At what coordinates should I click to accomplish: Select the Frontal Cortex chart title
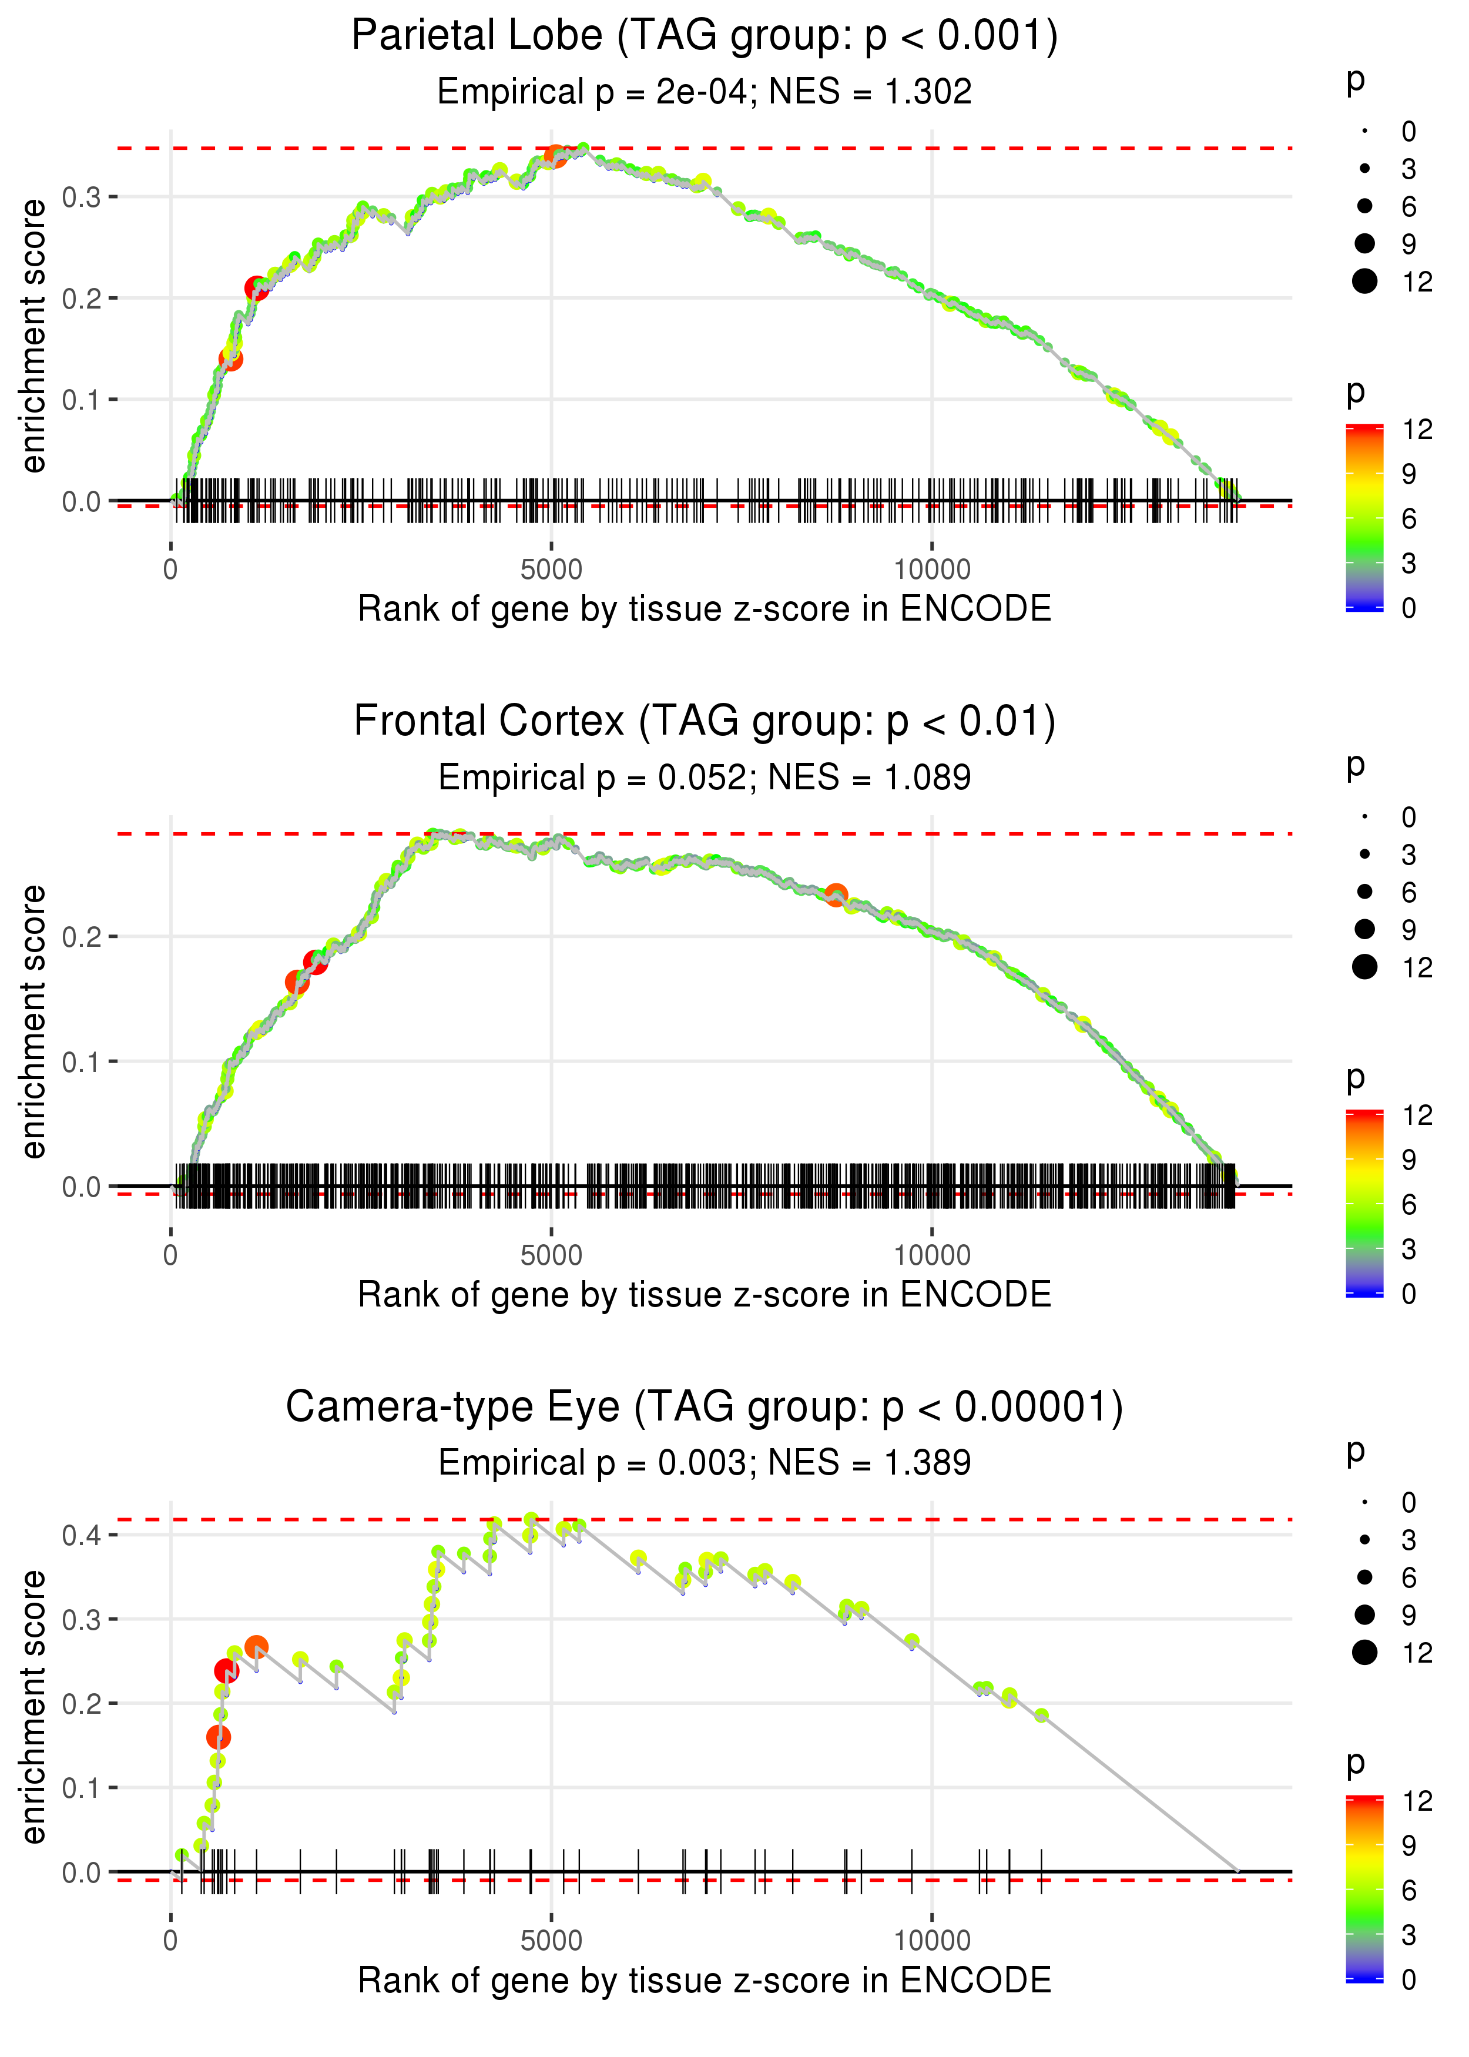pyautogui.click(x=704, y=722)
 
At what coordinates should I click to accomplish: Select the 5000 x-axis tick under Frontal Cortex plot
pyautogui.click(x=551, y=1255)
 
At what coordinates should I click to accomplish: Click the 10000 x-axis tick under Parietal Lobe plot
pyautogui.click(x=932, y=570)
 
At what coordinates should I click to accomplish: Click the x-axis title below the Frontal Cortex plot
pyautogui.click(x=704, y=1295)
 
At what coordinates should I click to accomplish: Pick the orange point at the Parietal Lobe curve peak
pyautogui.click(x=555, y=156)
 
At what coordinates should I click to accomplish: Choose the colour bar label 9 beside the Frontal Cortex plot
pyautogui.click(x=1408, y=1160)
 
